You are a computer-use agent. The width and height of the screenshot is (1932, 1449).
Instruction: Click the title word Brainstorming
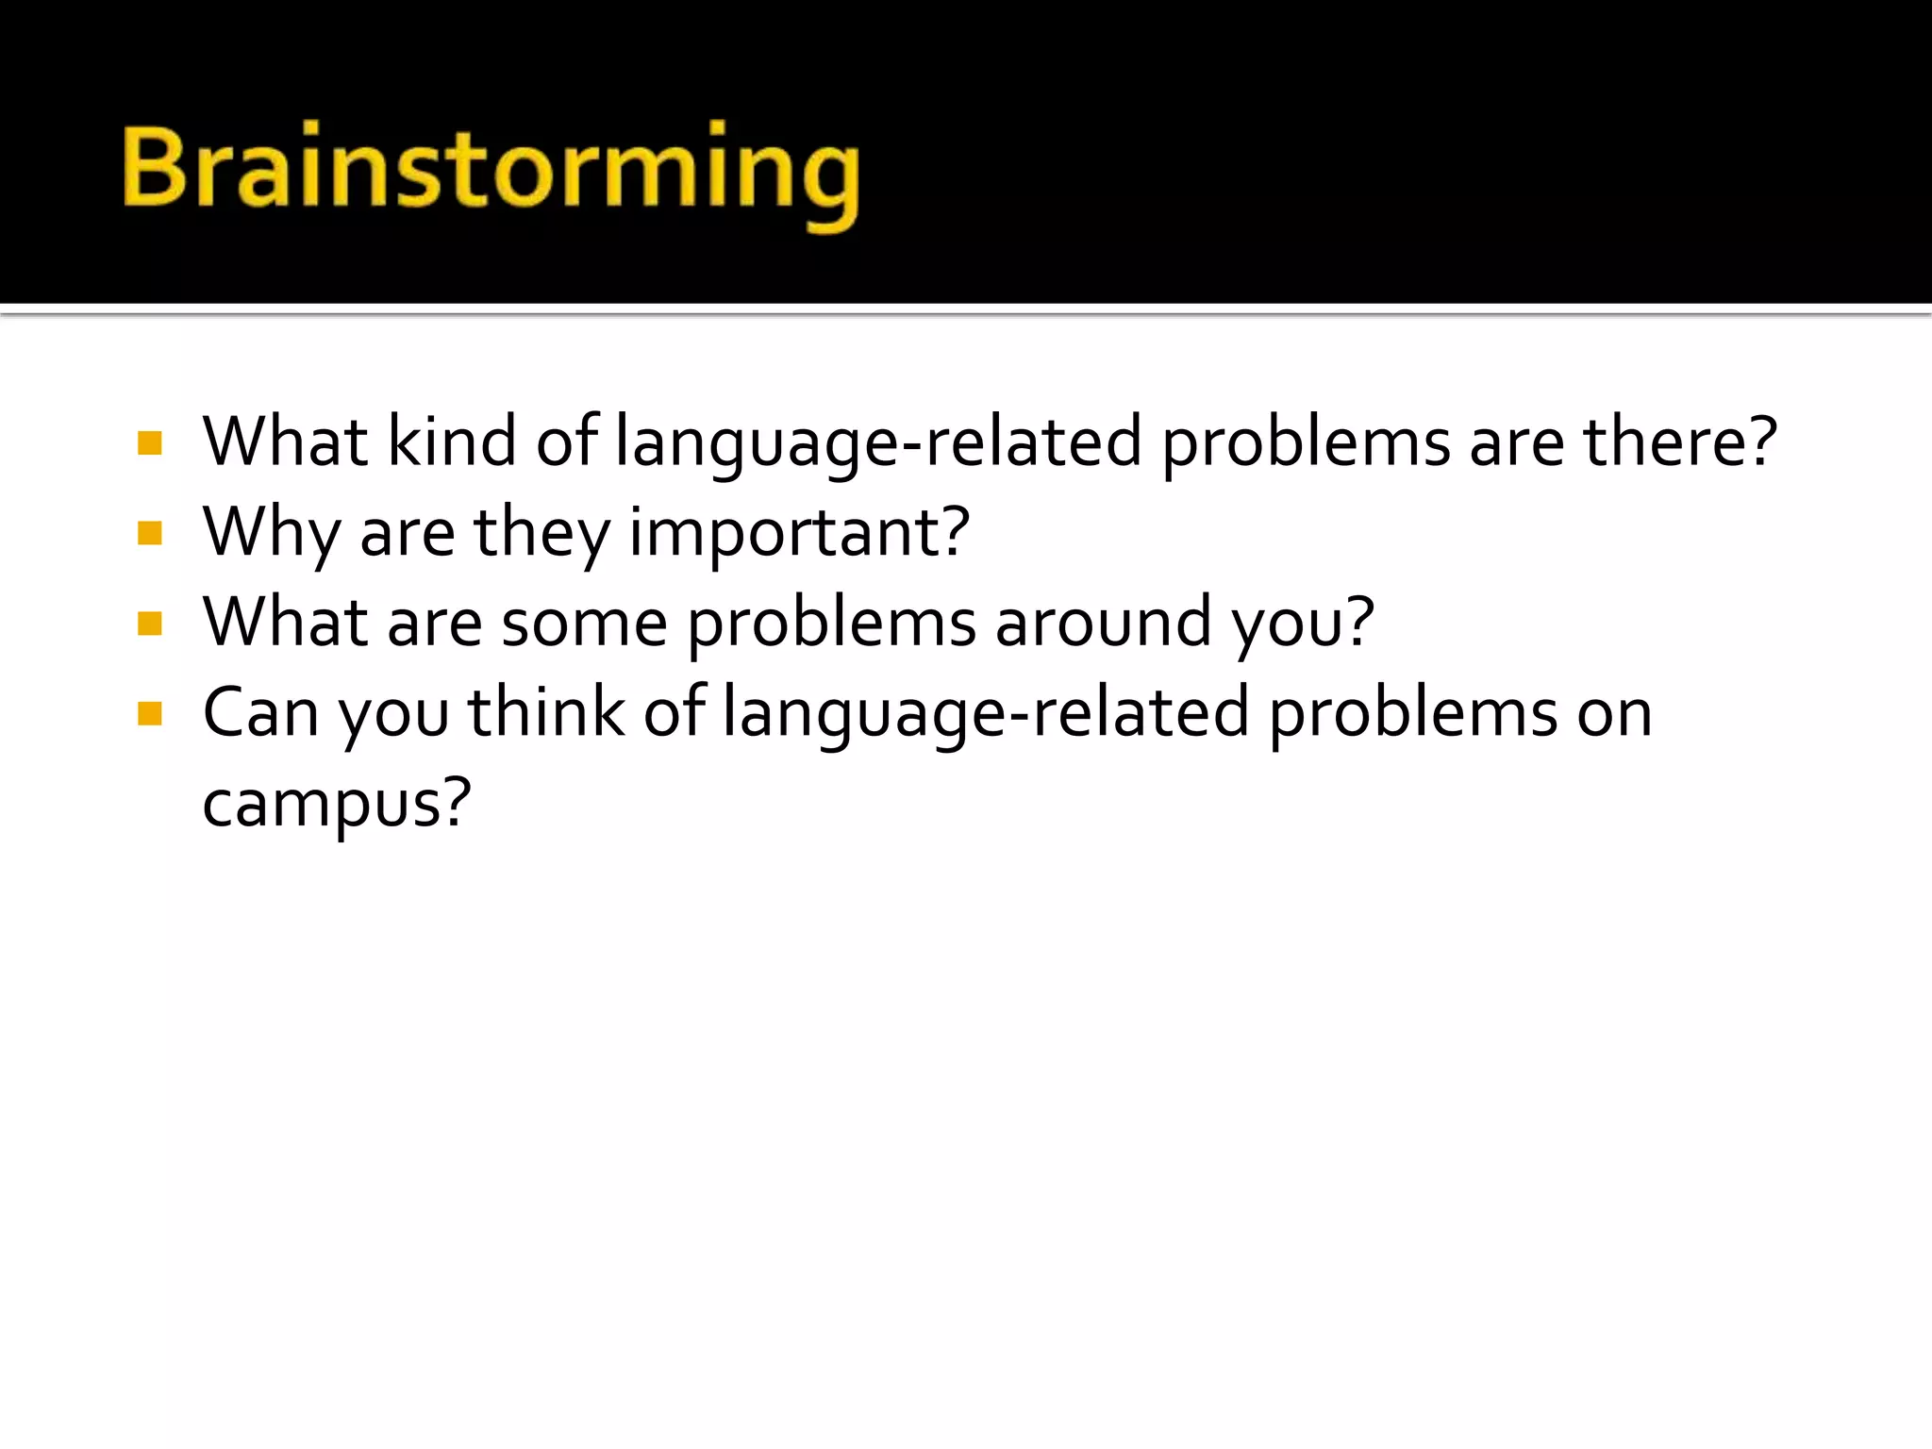tap(491, 170)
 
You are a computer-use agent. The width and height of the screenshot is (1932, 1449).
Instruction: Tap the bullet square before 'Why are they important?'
tap(150, 534)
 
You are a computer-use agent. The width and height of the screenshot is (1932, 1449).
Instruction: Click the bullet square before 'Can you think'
tap(150, 713)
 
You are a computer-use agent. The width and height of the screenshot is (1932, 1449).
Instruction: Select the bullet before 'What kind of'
tap(150, 443)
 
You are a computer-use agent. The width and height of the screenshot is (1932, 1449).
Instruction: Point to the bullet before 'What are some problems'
tap(150, 624)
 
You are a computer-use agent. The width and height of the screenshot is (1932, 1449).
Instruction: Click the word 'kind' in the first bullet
tap(452, 441)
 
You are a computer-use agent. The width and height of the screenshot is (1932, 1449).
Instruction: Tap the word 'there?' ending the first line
tap(1679, 441)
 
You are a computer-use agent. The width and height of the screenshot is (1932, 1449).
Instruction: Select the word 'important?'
tap(799, 533)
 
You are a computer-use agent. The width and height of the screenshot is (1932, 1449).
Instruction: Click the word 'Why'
tap(271, 533)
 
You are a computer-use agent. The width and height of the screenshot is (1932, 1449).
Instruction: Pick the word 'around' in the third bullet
tap(1103, 623)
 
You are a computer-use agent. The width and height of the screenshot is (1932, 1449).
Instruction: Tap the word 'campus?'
tap(336, 804)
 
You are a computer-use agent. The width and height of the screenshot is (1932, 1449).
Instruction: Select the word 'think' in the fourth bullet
tap(546, 712)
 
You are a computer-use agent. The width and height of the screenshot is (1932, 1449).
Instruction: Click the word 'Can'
tap(260, 713)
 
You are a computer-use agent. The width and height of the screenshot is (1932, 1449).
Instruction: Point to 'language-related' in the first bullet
tap(877, 441)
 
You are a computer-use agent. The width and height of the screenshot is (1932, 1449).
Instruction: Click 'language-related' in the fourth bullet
tap(985, 713)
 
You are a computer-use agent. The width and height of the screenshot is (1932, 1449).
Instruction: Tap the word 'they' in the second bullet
tap(541, 533)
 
